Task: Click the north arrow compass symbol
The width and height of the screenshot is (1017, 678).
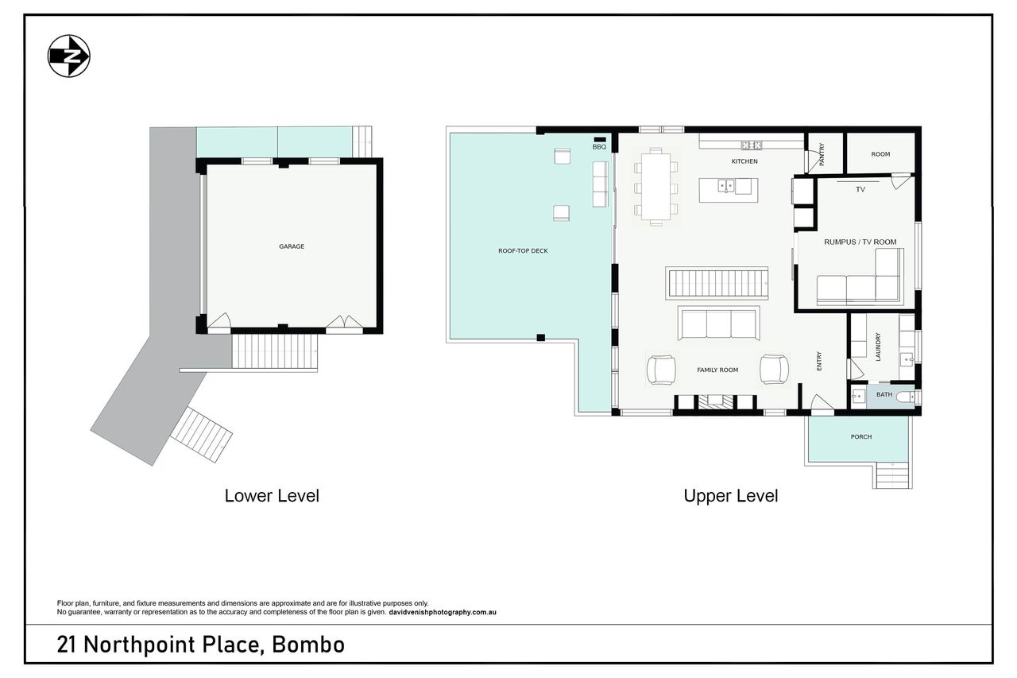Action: [69, 56]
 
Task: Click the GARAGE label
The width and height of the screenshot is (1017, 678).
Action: [292, 246]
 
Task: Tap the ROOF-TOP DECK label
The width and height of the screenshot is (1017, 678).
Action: [523, 250]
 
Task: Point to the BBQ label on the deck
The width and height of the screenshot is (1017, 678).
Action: [599, 147]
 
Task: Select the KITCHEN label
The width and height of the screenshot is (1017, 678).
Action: [744, 161]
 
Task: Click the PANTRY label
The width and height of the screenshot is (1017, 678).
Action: [822, 154]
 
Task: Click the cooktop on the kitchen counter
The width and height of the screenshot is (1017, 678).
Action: [752, 145]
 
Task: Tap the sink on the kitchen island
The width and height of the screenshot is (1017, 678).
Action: [726, 186]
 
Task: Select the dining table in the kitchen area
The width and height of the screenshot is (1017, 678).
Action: [656, 187]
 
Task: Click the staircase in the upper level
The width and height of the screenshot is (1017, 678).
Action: [717, 284]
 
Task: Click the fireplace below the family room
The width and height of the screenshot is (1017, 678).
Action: [716, 401]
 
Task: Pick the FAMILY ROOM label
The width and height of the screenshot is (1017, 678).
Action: [717, 370]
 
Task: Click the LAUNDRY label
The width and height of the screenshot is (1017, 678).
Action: [878, 347]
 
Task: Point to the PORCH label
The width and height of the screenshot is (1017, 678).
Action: [861, 437]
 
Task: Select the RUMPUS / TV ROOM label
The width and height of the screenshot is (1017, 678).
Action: [860, 242]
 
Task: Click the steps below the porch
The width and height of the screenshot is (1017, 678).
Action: [892, 475]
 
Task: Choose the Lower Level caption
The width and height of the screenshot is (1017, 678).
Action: [272, 496]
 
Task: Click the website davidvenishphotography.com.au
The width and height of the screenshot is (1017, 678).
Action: [443, 612]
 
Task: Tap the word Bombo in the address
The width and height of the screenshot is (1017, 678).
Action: [308, 645]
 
